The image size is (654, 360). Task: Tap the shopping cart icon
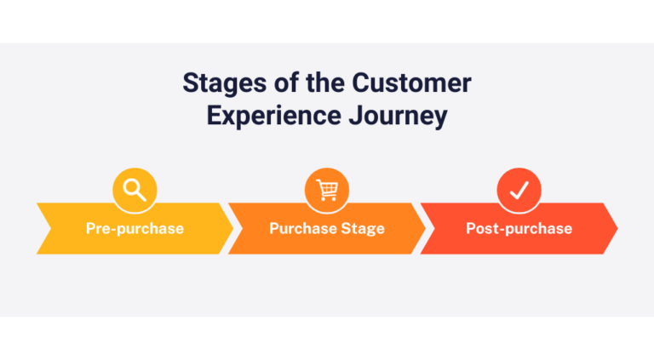click(327, 191)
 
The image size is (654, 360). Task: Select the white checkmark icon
click(519, 191)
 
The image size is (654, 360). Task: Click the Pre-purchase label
click(135, 228)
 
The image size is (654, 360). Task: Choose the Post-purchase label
click(519, 228)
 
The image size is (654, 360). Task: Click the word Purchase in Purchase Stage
click(305, 228)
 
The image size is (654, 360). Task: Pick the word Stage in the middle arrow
click(365, 228)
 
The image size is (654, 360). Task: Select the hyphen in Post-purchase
click(496, 229)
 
